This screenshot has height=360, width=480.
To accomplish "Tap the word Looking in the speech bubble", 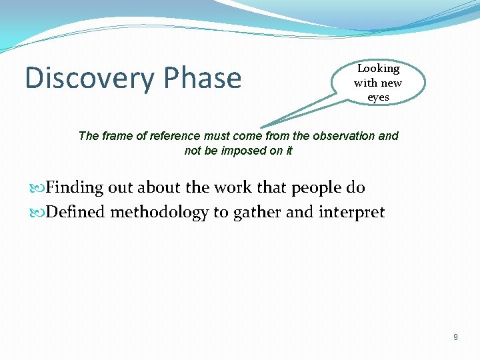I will click(378, 69).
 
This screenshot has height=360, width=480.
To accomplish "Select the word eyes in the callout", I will click(378, 97).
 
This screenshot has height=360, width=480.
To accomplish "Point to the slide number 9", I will click(455, 337).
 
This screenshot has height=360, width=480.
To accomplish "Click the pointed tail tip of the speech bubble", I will click(261, 126).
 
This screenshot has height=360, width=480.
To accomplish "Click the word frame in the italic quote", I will click(115, 136).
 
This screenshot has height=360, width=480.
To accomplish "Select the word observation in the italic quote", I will click(343, 136).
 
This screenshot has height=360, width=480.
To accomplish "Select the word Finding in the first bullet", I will click(75, 188).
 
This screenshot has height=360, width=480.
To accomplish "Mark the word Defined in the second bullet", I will click(75, 213).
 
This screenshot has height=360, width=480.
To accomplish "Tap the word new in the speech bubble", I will click(391, 83).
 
